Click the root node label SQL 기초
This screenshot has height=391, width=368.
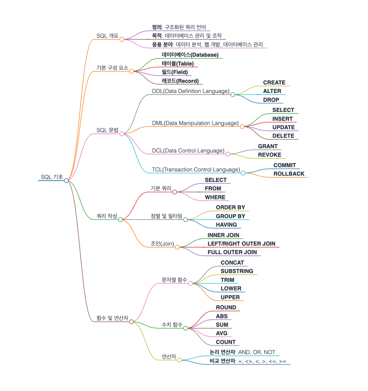pyautogui.click(x=52, y=177)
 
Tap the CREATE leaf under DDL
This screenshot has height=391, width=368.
pyautogui.click(x=274, y=83)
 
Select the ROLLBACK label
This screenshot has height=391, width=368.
pyautogui.click(x=289, y=174)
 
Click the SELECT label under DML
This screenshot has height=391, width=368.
pyautogui.click(x=283, y=110)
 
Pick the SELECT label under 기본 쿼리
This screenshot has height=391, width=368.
pyautogui.click(x=216, y=180)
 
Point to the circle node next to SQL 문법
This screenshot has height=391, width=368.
pyautogui.click(x=122, y=134)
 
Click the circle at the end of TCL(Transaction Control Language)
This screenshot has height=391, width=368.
pyautogui.click(x=243, y=173)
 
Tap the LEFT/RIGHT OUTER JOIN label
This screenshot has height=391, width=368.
pyautogui.click(x=241, y=244)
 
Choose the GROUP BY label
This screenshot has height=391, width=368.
pyautogui.click(x=231, y=216)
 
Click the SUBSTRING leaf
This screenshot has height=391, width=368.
pyautogui.click(x=237, y=271)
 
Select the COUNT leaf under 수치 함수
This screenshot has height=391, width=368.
pyautogui.click(x=226, y=342)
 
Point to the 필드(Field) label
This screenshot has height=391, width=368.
pyautogui.click(x=175, y=72)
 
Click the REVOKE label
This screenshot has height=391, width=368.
pyautogui.click(x=270, y=155)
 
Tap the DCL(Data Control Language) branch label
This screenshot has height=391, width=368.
pyautogui.click(x=188, y=151)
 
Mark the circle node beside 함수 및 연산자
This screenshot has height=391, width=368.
pyautogui.click(x=131, y=322)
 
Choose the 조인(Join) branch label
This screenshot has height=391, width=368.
pyautogui.click(x=162, y=244)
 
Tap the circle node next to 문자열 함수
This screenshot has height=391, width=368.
pyautogui.click(x=190, y=283)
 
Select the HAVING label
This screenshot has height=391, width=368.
pyautogui.click(x=226, y=225)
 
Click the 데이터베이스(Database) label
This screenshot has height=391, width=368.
pyautogui.click(x=190, y=55)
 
